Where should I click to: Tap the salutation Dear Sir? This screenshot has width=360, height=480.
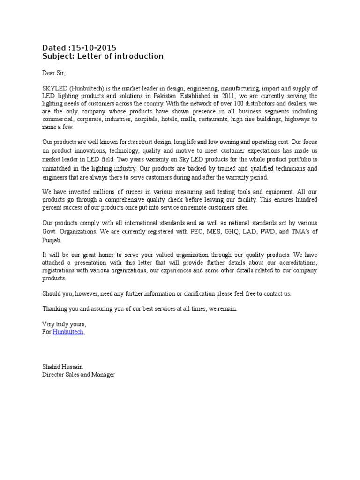click(x=54, y=73)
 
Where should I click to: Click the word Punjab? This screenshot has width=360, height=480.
click(x=51, y=240)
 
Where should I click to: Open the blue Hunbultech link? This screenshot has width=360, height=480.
click(x=68, y=332)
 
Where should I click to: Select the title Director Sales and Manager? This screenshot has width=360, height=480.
click(x=78, y=375)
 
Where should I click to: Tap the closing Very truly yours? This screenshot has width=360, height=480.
click(x=64, y=324)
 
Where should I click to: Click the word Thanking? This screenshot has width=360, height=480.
click(x=55, y=309)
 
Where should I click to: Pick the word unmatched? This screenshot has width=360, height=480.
click(x=57, y=167)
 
